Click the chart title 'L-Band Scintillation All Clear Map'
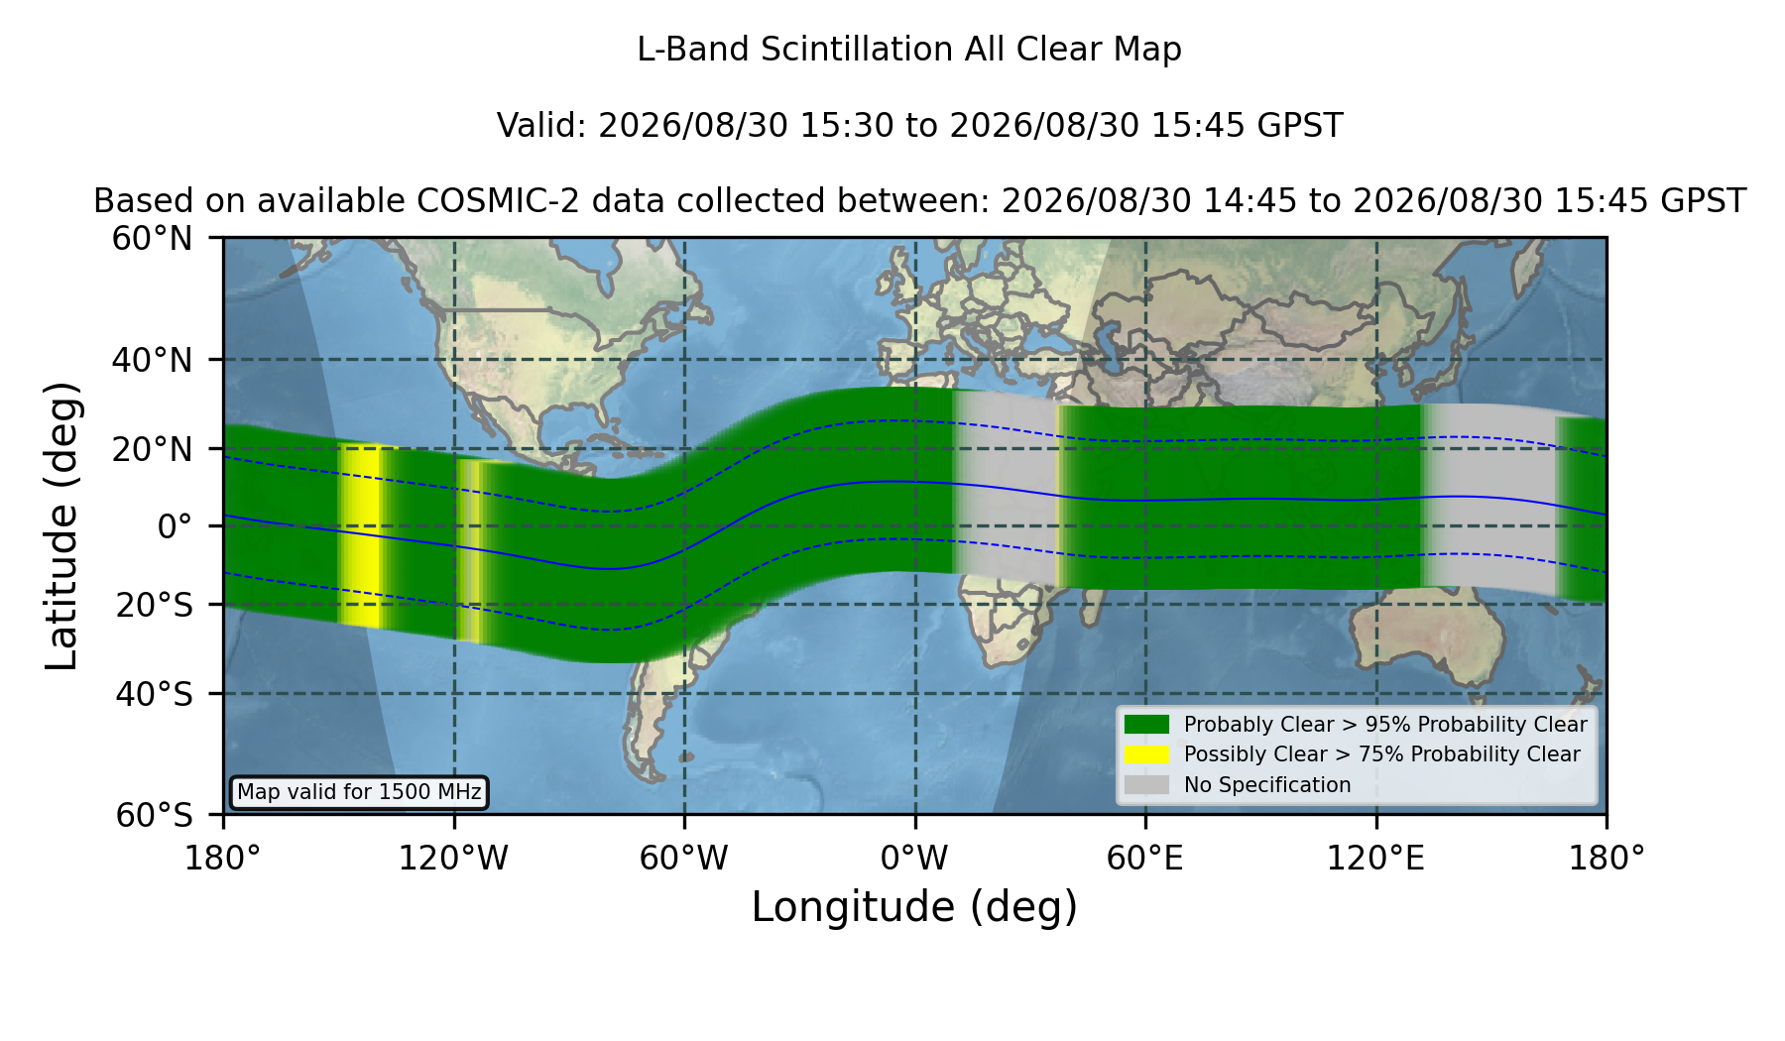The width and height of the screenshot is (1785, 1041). pos(908,50)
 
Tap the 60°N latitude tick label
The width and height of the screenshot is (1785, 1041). pos(152,238)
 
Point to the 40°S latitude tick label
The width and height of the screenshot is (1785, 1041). pos(154,694)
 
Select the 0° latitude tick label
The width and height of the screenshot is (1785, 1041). pos(175,526)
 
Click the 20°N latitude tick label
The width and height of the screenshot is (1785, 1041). pos(152,449)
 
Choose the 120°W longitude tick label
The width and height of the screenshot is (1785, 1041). pos(453,859)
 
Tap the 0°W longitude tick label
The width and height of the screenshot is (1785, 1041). pos(914,859)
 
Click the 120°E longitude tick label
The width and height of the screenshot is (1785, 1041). pos(1375,859)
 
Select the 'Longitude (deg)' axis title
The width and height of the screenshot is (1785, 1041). pos(914,907)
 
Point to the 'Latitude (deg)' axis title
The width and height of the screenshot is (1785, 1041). pos(61,525)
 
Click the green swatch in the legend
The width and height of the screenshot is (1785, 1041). pos(1146,724)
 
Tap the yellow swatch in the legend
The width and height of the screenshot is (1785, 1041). pos(1146,754)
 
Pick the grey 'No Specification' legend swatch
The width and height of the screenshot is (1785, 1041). pos(1146,785)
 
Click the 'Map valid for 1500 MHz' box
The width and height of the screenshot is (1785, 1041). pos(359,792)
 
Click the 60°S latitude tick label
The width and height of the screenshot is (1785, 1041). pos(154,815)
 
